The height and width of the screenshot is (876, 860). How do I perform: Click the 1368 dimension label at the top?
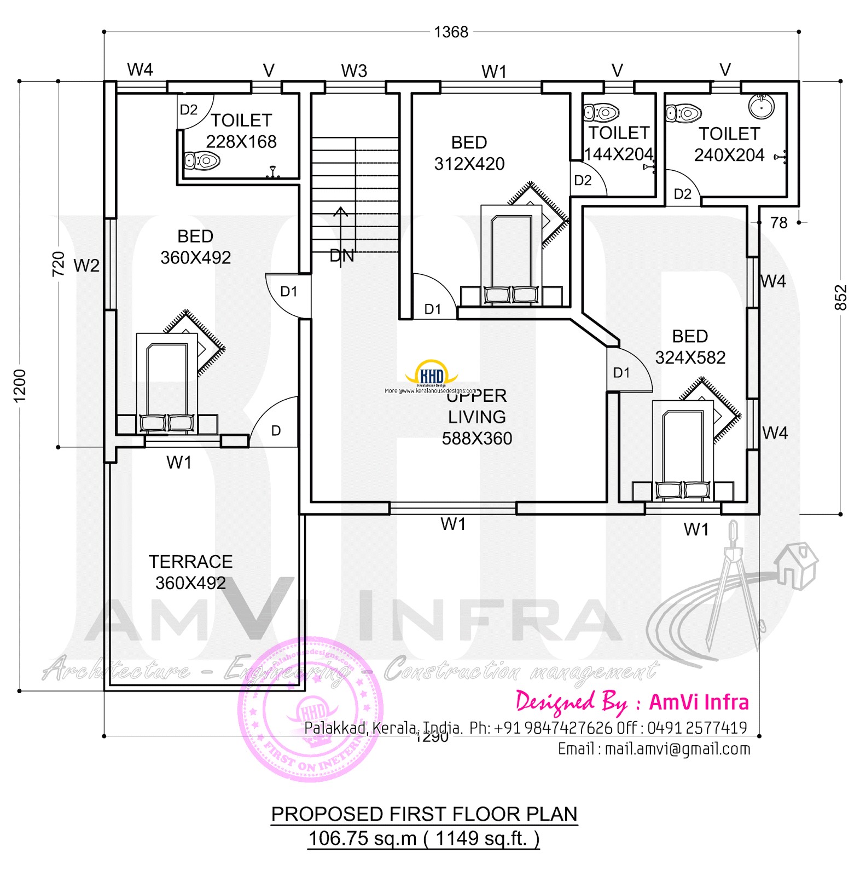[451, 32]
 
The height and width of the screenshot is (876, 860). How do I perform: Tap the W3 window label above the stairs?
[354, 71]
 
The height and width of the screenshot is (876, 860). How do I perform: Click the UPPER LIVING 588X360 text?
[477, 417]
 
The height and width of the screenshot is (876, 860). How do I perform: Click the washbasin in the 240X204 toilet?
[761, 106]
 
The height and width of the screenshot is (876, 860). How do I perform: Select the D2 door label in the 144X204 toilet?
[583, 181]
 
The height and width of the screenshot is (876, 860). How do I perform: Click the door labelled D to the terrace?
[276, 431]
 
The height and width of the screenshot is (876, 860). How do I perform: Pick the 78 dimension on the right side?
[778, 223]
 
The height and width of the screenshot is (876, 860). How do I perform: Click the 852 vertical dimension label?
[840, 297]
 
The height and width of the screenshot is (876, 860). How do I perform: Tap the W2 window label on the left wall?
[86, 266]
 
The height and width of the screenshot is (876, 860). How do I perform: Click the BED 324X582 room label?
[690, 347]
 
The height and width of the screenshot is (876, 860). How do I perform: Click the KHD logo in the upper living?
[431, 374]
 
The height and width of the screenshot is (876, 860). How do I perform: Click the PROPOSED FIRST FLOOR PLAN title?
[424, 814]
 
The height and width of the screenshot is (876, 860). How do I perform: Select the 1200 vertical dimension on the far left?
[20, 385]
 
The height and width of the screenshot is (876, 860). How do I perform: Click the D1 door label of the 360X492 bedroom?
[288, 292]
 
